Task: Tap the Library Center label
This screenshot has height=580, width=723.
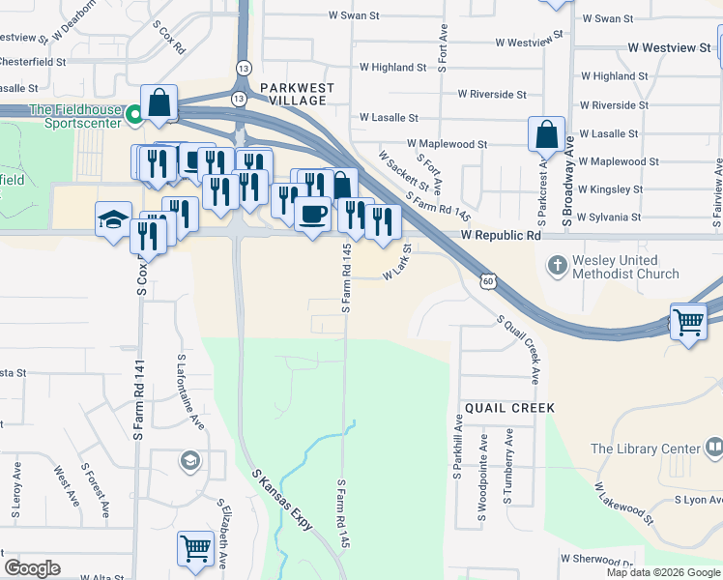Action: pos(645,449)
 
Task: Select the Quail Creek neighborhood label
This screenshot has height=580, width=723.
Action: pos(509,408)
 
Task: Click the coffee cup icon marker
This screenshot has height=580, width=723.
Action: pos(312,214)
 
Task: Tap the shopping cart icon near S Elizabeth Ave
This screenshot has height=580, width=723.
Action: pos(195,548)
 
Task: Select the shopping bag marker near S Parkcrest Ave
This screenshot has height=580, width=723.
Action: pos(546,134)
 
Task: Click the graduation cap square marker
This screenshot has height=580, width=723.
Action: pos(113,217)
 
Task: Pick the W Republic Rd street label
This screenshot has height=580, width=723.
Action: pos(501,236)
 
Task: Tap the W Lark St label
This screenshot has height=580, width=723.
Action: pos(397,263)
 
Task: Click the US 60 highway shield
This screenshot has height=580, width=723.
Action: pos(488,280)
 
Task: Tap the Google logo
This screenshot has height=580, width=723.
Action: pos(32,568)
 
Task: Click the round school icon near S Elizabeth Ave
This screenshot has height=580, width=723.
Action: pos(189,460)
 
